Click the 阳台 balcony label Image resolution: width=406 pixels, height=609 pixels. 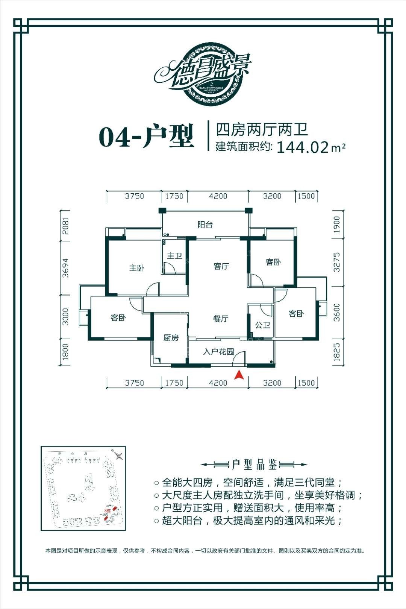click(205, 225)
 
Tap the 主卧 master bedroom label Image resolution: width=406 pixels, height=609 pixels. click(137, 268)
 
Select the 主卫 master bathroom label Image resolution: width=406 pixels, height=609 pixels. click(174, 256)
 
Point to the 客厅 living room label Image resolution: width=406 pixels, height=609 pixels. click(221, 266)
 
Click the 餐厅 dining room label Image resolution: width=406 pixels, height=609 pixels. click(221, 319)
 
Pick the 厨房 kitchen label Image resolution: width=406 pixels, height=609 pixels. click(171, 338)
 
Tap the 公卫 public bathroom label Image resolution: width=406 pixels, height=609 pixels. click(262, 325)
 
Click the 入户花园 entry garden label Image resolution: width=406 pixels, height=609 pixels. click(218, 352)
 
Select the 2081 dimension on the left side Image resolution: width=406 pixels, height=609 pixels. click(66, 225)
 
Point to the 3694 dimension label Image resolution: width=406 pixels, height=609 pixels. click(66, 267)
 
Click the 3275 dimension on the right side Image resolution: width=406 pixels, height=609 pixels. click(336, 262)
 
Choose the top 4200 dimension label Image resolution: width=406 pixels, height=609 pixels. click(218, 196)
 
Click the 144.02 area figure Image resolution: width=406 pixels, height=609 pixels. click(303, 147)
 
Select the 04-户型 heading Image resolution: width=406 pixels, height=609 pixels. click(146, 137)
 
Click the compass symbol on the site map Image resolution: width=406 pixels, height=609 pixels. click(118, 456)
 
